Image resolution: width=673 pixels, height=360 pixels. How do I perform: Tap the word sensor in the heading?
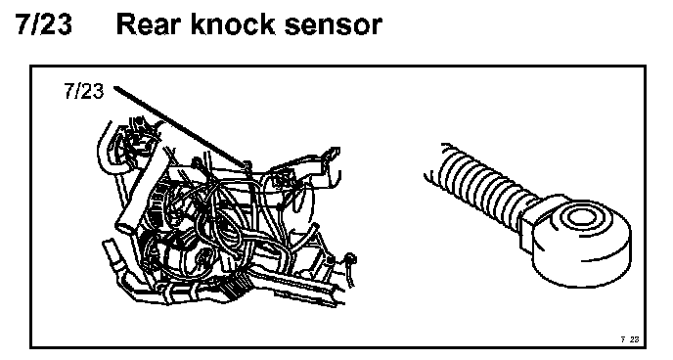333,26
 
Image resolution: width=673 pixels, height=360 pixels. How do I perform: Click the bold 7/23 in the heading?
44,24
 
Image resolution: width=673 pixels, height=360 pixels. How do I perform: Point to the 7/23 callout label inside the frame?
84,91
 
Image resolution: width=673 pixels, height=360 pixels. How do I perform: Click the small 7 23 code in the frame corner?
630,339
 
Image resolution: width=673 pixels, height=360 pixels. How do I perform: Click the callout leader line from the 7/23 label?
180,125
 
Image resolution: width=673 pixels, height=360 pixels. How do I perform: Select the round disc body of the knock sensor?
581,241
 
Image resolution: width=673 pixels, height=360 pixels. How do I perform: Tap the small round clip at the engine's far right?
350,258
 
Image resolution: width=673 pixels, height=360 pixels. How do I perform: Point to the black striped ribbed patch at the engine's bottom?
234,289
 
